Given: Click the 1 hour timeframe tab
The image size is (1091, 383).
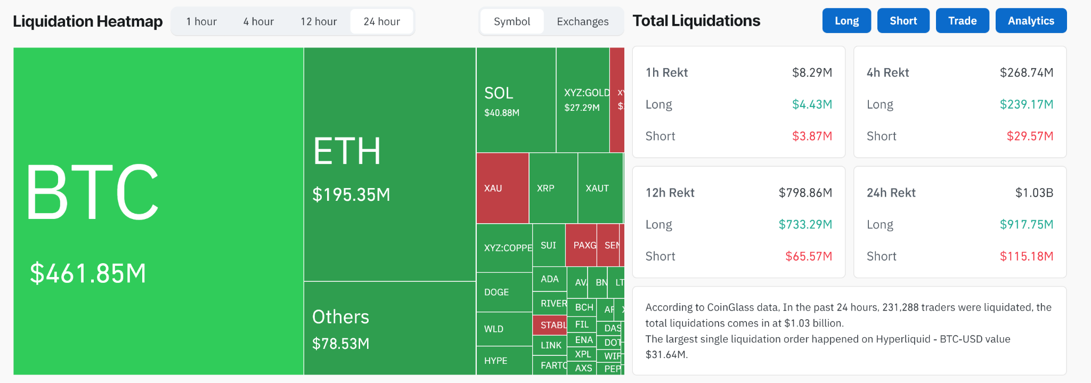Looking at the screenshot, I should (201, 22).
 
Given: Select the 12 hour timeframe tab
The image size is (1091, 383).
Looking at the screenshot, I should (319, 22).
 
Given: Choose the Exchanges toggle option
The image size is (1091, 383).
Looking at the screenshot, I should (582, 22).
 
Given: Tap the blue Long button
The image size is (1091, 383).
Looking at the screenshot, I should (846, 21).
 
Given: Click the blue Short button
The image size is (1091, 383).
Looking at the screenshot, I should (903, 21).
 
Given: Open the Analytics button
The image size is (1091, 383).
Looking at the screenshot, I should (1031, 21).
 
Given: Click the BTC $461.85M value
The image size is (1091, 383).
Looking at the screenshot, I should (88, 273).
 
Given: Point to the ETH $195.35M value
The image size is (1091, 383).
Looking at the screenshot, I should (351, 195).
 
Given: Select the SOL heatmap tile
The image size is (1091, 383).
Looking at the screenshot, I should (516, 100).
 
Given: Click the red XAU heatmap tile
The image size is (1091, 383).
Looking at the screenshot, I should (502, 188).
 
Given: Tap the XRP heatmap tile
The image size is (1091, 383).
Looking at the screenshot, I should (553, 188).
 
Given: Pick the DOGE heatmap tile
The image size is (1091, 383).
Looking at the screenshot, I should (504, 292).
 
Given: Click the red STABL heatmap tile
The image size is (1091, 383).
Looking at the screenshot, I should (549, 325).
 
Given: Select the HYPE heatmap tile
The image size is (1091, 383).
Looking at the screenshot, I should (504, 361).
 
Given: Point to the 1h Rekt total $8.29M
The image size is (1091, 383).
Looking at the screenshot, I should (812, 72).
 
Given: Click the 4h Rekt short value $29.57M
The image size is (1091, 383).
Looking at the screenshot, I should (1030, 136).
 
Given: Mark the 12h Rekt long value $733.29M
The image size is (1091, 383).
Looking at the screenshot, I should (805, 225).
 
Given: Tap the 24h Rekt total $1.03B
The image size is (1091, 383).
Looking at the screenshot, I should (1034, 193).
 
